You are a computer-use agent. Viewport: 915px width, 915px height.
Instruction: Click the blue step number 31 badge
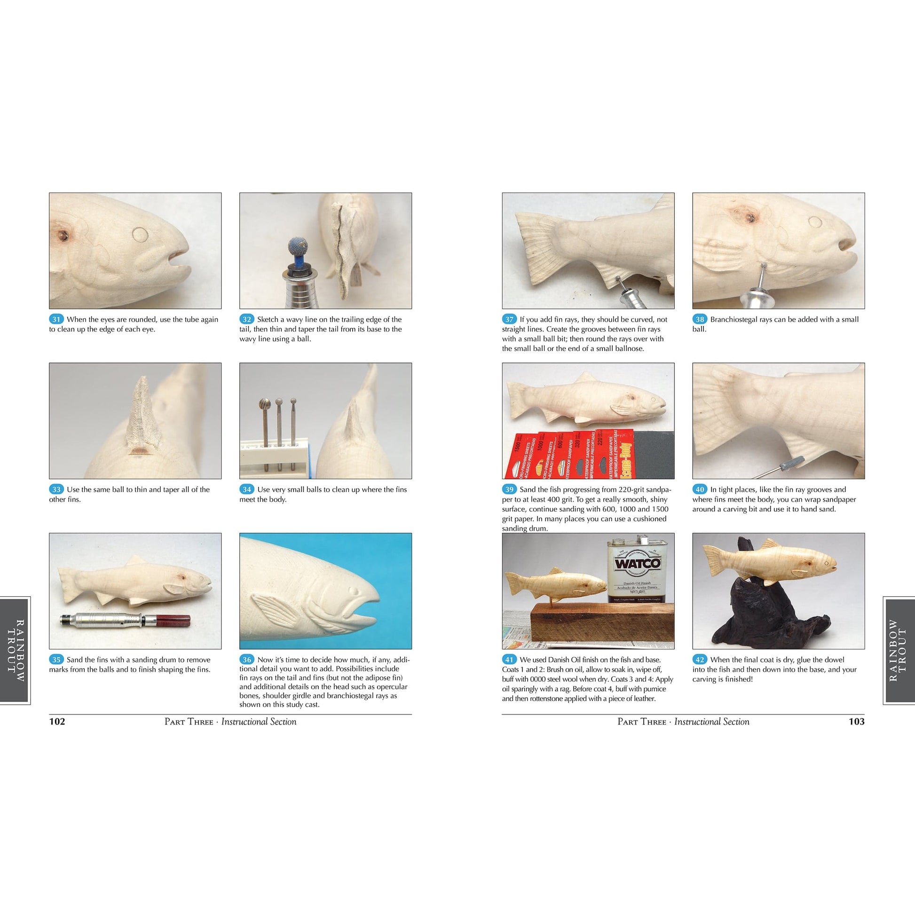pyautogui.click(x=56, y=319)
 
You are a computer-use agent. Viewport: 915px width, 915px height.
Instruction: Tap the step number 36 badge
pyautogui.click(x=247, y=660)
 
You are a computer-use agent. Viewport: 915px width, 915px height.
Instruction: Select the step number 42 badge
pyautogui.click(x=700, y=660)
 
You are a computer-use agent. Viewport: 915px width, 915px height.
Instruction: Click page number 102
pyautogui.click(x=57, y=722)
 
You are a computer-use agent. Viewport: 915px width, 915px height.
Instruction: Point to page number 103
pyautogui.click(x=857, y=722)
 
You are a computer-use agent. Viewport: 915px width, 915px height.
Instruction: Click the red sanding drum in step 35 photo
pyautogui.click(x=175, y=618)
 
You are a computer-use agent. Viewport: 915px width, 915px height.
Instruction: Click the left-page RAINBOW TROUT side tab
pyautogui.click(x=15, y=650)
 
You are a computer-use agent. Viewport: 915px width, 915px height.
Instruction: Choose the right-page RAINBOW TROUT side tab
pyautogui.click(x=899, y=650)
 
